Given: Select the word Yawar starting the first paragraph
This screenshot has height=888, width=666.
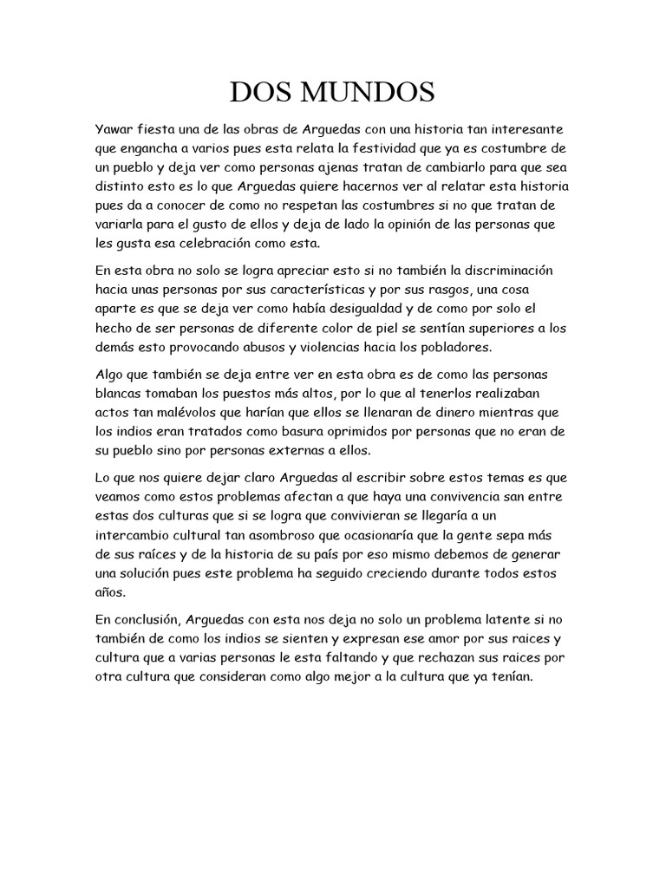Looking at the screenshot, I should tap(115, 129).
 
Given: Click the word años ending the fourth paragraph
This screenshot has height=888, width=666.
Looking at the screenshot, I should tap(111, 592).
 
